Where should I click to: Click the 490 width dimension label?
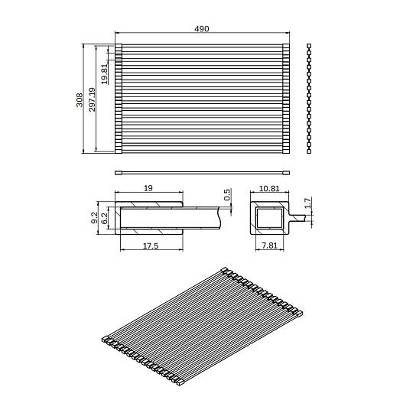coord(201,28)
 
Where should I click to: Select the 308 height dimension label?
coord(80,100)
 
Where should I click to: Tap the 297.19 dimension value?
coord(92,99)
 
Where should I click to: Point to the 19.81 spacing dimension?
coord(105,74)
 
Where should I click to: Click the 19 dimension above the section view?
coord(148,188)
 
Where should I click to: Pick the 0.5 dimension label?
coord(227,195)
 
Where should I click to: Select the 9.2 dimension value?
coord(95,218)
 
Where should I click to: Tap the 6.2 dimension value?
coord(104,218)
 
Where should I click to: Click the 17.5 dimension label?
coord(151,246)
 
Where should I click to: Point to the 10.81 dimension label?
coord(269,189)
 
